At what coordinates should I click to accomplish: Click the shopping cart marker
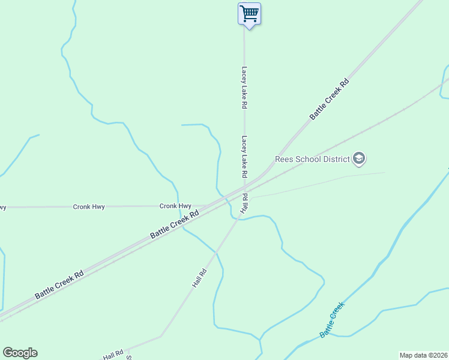249,14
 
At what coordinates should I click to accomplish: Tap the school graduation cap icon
359,159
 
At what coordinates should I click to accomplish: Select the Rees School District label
312,159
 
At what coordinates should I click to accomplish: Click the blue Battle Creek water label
332,319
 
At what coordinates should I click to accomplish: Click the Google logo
20,353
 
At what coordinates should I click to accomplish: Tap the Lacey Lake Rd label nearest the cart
244,87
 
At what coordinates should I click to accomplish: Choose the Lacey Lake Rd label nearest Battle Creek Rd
244,157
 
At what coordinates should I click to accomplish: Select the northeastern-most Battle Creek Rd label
329,99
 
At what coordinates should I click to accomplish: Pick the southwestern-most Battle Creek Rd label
59,284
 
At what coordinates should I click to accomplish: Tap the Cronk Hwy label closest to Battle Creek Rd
176,206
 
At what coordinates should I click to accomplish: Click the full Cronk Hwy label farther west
89,206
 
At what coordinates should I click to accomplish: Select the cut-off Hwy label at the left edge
3,207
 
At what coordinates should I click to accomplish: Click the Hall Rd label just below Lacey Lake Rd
244,203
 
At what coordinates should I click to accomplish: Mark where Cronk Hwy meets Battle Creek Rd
207,206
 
